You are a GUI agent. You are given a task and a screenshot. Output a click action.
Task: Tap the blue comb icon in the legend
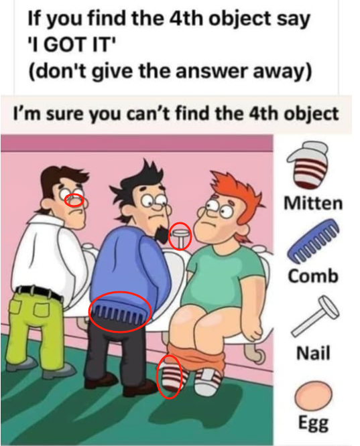coord(312,240)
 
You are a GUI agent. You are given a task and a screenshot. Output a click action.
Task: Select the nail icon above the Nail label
coord(314,315)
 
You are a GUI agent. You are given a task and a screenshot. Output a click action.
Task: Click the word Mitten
coord(313,204)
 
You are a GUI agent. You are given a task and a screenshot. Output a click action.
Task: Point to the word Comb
coord(313,276)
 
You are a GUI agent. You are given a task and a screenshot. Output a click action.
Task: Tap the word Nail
coord(313,353)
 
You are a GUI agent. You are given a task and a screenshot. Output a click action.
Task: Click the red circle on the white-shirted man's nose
coord(74,200)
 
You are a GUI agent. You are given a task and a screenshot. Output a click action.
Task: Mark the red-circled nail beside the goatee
coord(180,236)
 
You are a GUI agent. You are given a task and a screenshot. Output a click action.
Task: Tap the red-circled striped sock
coord(169,377)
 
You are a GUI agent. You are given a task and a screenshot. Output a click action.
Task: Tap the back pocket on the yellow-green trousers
coord(43,309)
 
